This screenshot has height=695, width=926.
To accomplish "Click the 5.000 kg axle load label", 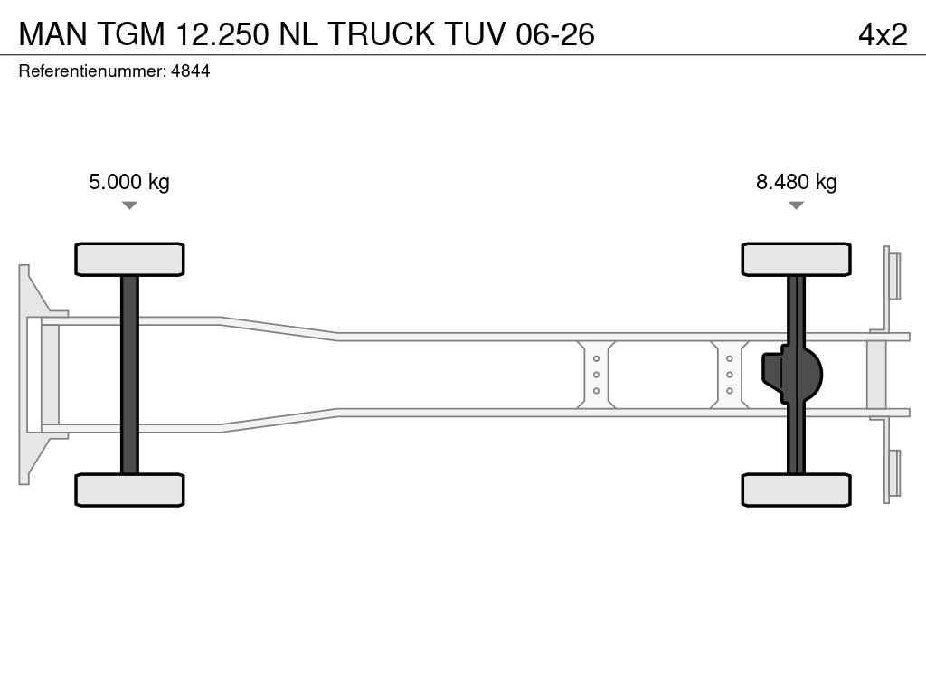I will pyautogui.click(x=129, y=182).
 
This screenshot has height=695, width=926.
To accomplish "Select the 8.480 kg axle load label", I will pyautogui.click(x=796, y=182).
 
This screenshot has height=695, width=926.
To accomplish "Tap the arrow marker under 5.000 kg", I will pyautogui.click(x=129, y=205).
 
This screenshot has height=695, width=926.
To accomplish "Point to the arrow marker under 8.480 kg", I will pyautogui.click(x=796, y=205).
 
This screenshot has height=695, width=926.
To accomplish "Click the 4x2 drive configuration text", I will pyautogui.click(x=882, y=34).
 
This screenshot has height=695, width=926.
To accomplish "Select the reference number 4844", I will pyautogui.click(x=190, y=71).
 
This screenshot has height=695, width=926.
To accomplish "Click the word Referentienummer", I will pyautogui.click(x=91, y=71).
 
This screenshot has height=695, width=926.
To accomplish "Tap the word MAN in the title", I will pyautogui.click(x=52, y=34).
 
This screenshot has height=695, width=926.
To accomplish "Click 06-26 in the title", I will pyautogui.click(x=554, y=34).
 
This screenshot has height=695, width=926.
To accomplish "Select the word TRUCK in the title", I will pyautogui.click(x=380, y=34).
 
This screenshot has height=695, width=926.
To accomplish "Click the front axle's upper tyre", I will pyautogui.click(x=129, y=259).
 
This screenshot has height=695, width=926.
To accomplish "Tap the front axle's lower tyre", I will pyautogui.click(x=129, y=490).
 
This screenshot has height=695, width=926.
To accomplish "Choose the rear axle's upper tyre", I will pyautogui.click(x=796, y=259).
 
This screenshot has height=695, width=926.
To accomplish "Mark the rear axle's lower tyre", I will pyautogui.click(x=796, y=490).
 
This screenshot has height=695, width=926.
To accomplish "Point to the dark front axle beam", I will pyautogui.click(x=129, y=375).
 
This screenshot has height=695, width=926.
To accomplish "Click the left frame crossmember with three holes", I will pyautogui.click(x=596, y=375).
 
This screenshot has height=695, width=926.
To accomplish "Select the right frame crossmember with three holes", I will pyautogui.click(x=729, y=375).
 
